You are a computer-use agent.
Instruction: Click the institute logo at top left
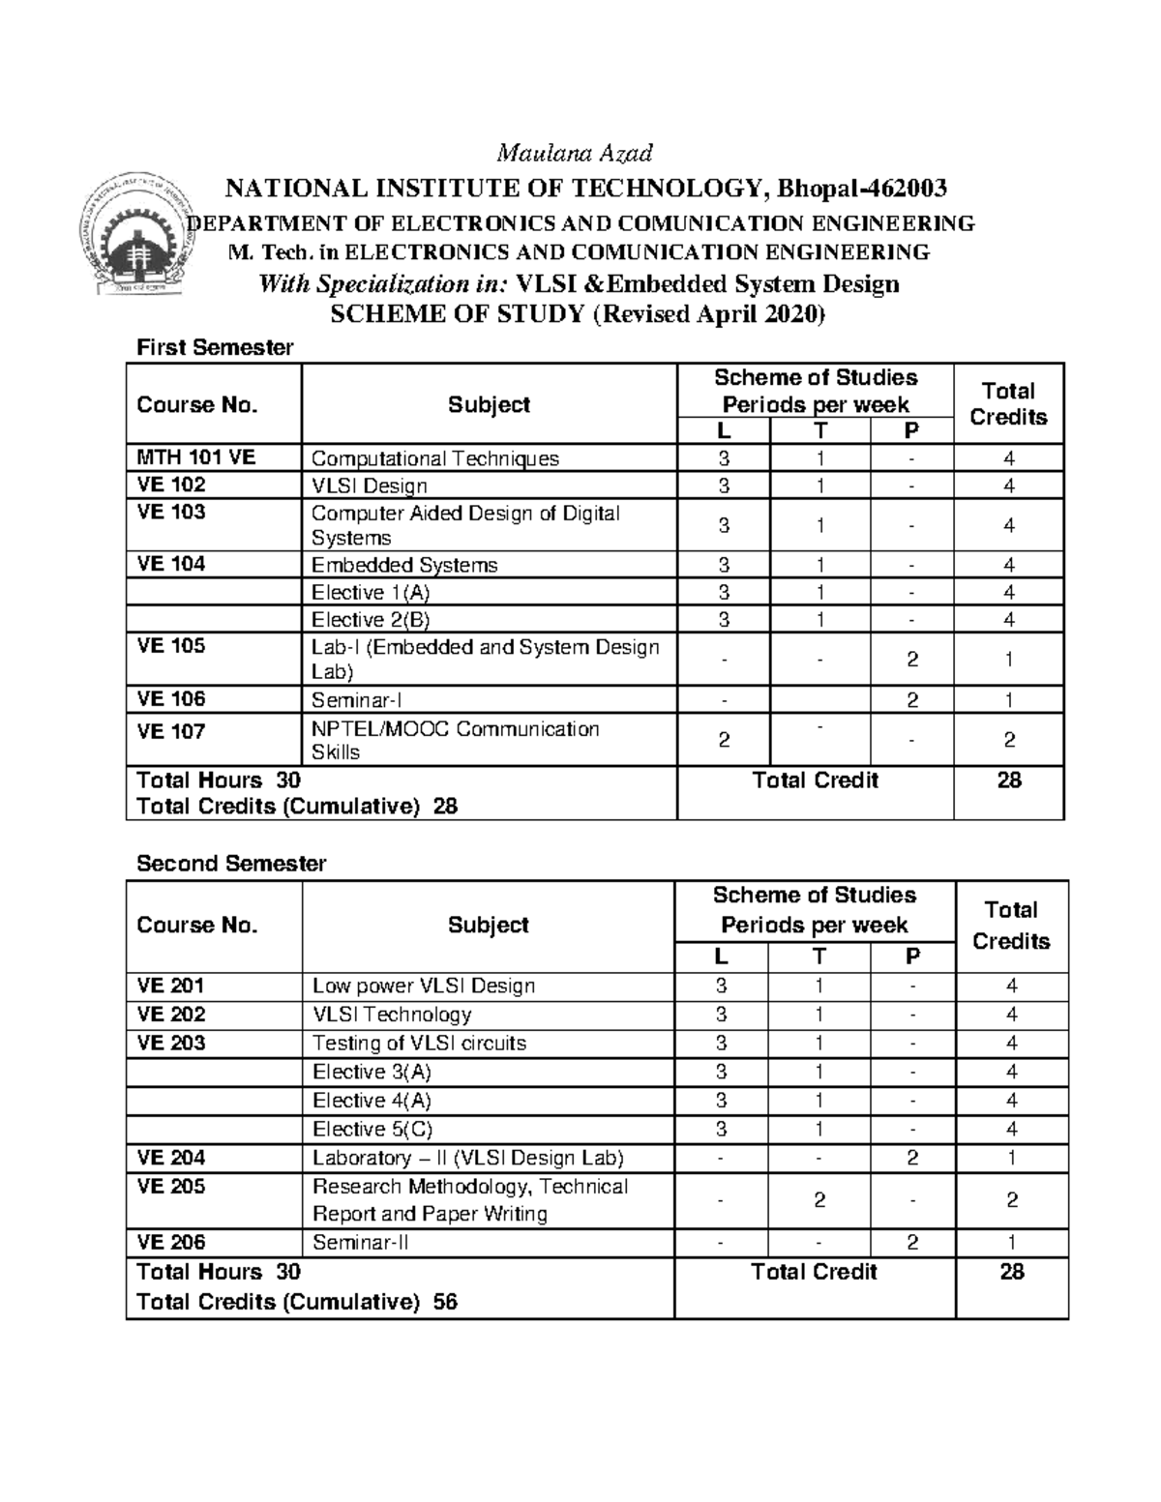[x=130, y=236]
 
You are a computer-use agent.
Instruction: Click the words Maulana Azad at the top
[x=575, y=153]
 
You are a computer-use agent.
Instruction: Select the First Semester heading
[x=215, y=347]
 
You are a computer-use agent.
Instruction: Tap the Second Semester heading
[x=231, y=864]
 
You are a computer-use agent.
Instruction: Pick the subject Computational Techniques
[x=434, y=458]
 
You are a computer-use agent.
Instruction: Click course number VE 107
[x=171, y=731]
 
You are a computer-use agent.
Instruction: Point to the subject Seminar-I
[x=355, y=700]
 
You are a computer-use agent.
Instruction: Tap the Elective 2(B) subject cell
[x=371, y=620]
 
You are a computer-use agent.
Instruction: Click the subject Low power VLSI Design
[x=423, y=987]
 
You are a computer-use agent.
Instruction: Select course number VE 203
[x=171, y=1044]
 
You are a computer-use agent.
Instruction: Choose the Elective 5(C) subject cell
[x=372, y=1130]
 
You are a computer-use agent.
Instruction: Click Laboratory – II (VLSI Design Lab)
[x=467, y=1159]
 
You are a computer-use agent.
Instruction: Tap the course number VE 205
[x=171, y=1187]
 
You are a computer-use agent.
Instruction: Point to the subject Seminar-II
[x=360, y=1243]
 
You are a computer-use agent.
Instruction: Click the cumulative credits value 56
[x=445, y=1302]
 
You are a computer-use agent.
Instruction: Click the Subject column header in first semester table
[x=489, y=404]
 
